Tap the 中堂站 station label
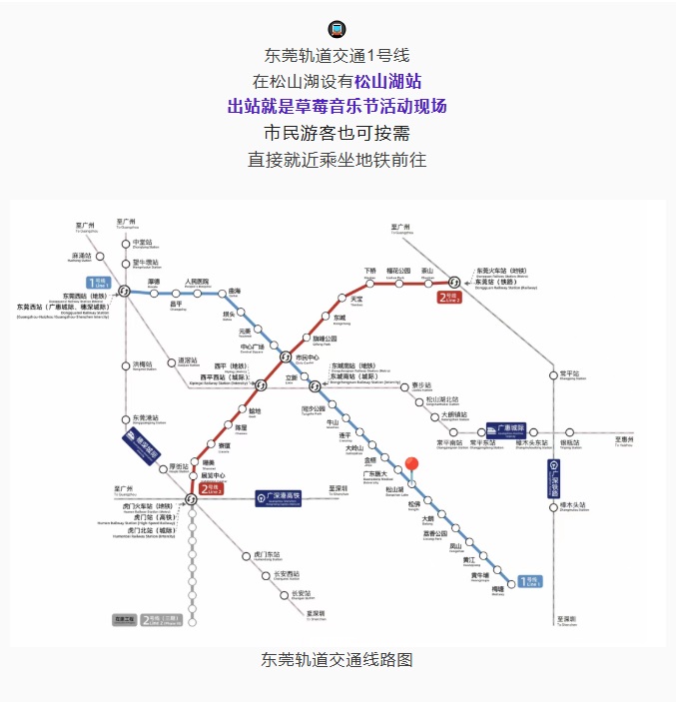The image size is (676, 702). (145, 243)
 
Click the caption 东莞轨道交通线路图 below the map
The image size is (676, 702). (338, 659)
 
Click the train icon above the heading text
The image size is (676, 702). (338, 29)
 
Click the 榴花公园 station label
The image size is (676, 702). (397, 271)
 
